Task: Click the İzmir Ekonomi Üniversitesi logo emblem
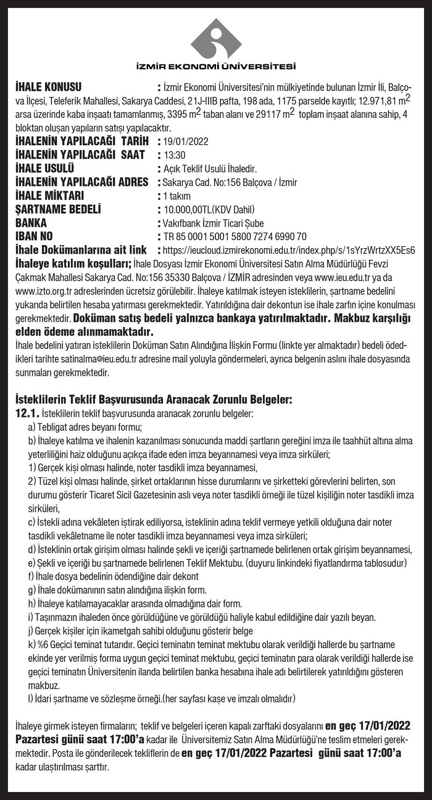[216, 38]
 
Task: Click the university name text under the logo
[216, 67]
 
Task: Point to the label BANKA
[31, 223]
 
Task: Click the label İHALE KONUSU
[48, 86]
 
